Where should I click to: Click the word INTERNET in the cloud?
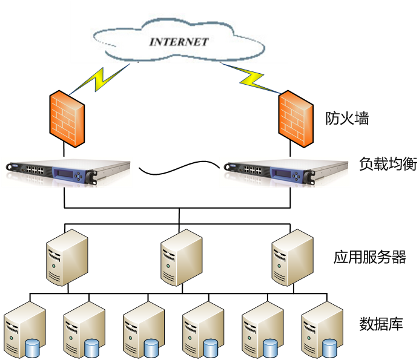point(179,42)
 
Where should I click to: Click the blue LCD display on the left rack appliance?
point(65,172)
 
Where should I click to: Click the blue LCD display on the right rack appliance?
point(283,172)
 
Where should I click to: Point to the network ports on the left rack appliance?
point(35,171)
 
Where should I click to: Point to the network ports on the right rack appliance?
point(253,171)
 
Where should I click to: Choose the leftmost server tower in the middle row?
point(67,257)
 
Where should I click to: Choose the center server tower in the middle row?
point(181,257)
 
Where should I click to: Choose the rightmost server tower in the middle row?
point(292,257)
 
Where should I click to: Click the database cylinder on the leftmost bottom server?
point(32,348)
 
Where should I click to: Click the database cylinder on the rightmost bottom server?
point(329,348)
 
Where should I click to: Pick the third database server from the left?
point(143,330)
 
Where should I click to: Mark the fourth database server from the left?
point(202,330)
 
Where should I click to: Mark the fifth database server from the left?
point(262,330)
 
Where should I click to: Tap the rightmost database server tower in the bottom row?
point(321,330)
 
